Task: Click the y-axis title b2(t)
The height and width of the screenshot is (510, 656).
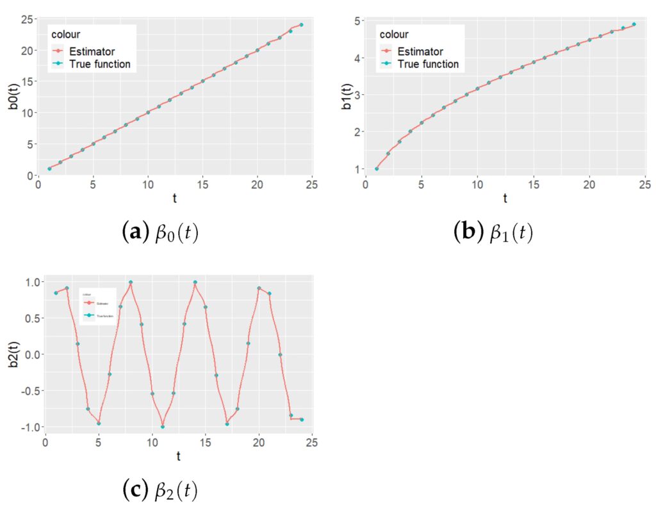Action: (13, 354)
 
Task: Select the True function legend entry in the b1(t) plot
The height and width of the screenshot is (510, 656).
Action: (428, 64)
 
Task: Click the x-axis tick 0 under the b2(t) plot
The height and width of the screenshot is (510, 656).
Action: (45, 441)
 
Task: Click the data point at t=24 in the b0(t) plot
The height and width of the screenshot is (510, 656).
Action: (301, 25)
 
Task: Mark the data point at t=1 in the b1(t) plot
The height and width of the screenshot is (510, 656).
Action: (377, 169)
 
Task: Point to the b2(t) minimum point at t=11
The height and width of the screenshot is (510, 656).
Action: (163, 427)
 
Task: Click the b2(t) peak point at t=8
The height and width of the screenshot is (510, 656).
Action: (131, 282)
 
